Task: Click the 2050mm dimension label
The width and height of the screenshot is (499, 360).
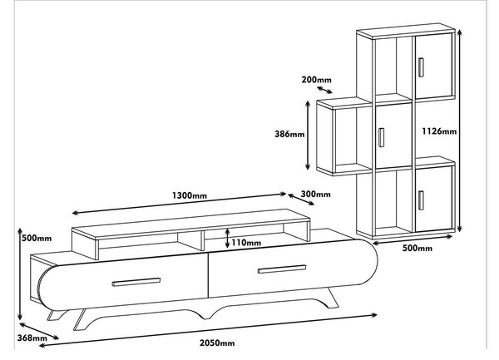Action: [217, 343]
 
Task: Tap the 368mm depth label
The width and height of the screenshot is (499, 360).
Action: [32, 338]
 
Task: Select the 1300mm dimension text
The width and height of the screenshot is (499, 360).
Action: [190, 195]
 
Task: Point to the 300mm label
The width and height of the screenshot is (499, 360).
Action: [315, 194]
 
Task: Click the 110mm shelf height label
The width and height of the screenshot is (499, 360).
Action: [246, 243]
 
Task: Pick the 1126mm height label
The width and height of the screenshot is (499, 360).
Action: [439, 131]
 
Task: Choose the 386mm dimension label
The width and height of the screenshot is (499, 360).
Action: [289, 134]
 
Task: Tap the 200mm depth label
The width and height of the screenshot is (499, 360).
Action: [316, 80]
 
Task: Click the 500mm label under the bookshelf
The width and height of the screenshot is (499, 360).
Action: [417, 248]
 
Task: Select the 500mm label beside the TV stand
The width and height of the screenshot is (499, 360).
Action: [37, 238]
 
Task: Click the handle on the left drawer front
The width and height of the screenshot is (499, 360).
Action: [136, 282]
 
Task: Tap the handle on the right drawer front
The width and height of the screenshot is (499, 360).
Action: [282, 269]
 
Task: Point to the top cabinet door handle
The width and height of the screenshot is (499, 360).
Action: [421, 67]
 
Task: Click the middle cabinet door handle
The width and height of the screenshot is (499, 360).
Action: [381, 137]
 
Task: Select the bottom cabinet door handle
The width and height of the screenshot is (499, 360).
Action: [421, 200]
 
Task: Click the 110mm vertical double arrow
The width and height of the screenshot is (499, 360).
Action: [227, 238]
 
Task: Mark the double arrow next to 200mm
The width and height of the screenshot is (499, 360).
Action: [324, 90]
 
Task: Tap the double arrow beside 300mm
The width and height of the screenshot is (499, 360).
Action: [301, 200]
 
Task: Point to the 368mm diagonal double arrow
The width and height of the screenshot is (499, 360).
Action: [39, 331]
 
